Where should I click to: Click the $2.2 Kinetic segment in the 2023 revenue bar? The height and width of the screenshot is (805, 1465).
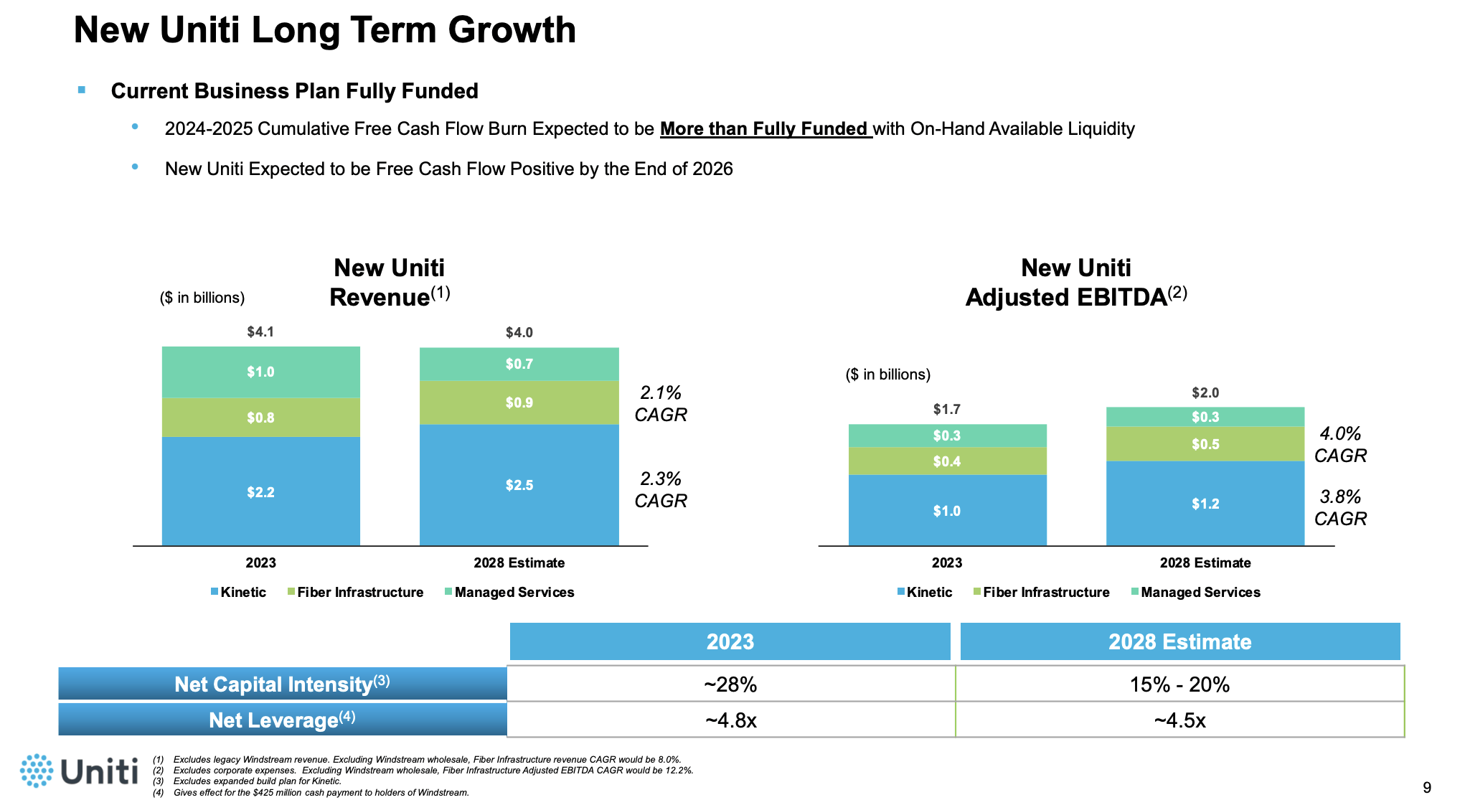[x=260, y=491]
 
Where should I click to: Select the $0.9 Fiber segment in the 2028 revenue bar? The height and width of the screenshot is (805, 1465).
[x=519, y=403]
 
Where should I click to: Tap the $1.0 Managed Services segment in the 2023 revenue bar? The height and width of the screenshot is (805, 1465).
[x=260, y=372]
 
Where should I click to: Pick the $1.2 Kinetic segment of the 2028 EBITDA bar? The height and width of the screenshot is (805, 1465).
[x=1205, y=504]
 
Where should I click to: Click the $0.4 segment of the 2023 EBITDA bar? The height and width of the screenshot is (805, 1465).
[x=946, y=461]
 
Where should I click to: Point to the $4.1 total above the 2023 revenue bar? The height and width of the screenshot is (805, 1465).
[x=260, y=331]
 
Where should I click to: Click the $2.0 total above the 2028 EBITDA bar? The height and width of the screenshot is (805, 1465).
[x=1205, y=392]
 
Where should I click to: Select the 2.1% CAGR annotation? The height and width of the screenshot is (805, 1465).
[x=660, y=403]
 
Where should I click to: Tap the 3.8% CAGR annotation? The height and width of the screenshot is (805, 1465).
[x=1339, y=507]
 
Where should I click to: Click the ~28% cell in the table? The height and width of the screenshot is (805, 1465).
[x=730, y=684]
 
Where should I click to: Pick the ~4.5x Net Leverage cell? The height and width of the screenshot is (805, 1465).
[x=1179, y=720]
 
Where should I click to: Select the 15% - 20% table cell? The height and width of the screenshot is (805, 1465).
[x=1179, y=684]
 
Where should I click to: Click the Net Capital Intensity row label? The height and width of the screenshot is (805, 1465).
[x=282, y=684]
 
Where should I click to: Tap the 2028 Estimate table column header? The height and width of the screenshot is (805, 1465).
[x=1179, y=641]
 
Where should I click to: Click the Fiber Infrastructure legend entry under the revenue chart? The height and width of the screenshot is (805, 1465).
[x=356, y=592]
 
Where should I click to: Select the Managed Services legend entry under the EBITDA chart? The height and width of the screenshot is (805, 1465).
[x=1196, y=592]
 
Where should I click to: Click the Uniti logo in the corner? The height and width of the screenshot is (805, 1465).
[x=79, y=771]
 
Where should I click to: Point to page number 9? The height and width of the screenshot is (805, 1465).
[x=1426, y=788]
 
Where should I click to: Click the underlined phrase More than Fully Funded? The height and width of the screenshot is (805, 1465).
[x=765, y=129]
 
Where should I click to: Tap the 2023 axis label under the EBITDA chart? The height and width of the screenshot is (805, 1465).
[x=946, y=562]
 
